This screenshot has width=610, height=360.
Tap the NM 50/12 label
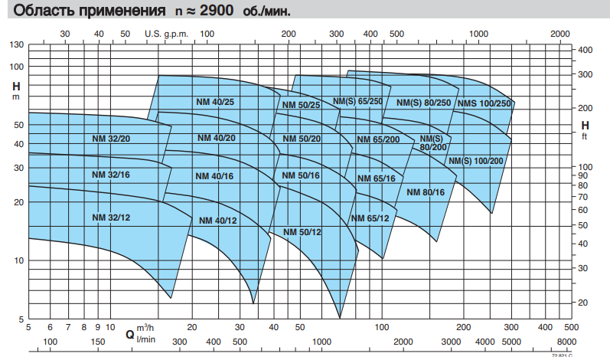click(302, 232)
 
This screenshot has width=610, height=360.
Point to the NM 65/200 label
click(378, 139)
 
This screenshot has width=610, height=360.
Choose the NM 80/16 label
click(426, 191)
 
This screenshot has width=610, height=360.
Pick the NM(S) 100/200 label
click(476, 161)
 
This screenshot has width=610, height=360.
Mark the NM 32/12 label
click(111, 218)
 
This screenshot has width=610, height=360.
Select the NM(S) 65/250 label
click(357, 100)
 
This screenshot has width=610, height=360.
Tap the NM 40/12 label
click(218, 221)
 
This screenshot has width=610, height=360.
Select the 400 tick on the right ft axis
click(586, 50)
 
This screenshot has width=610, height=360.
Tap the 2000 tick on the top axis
click(560, 34)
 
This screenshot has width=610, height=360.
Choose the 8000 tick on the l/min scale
click(566, 342)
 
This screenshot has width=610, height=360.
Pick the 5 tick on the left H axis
click(21, 319)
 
